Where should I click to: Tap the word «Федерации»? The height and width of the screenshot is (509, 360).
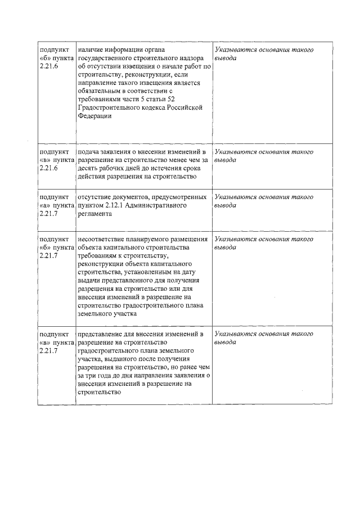tap(94, 116)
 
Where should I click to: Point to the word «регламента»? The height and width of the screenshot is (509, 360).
tap(96, 214)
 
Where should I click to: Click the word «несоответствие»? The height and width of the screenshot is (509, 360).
tap(102, 239)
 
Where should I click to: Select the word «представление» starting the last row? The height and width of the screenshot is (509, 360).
tap(101, 334)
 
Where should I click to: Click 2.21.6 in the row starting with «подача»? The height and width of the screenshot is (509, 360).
tap(49, 169)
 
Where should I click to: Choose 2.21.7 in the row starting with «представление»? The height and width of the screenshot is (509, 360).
tap(49, 350)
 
